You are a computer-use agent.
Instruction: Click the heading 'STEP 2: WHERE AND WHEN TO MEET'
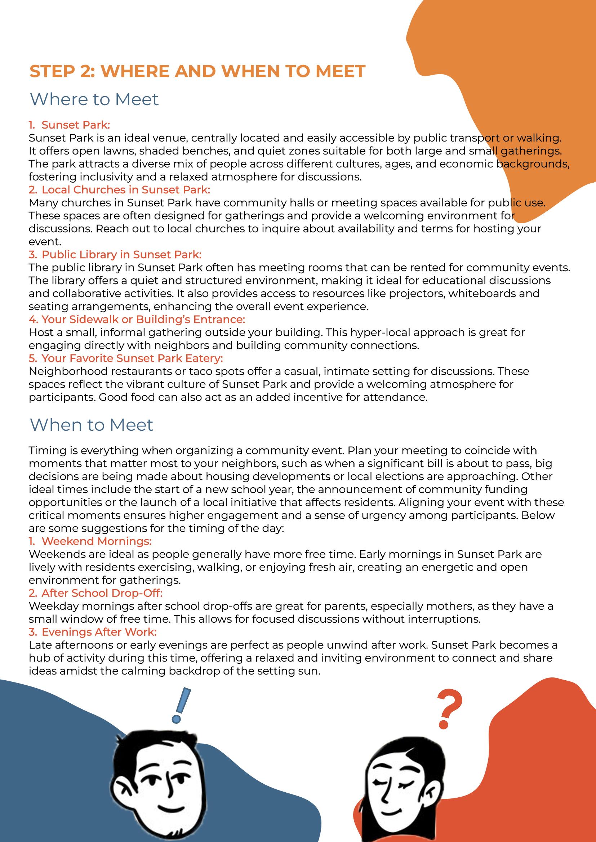[x=197, y=71]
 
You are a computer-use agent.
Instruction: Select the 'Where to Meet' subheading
[x=94, y=99]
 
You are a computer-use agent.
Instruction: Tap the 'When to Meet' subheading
[x=92, y=425]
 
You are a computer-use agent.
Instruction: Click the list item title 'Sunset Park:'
[x=76, y=125]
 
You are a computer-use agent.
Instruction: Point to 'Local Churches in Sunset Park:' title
[x=125, y=189]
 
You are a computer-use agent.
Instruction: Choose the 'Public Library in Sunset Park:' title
[x=121, y=255]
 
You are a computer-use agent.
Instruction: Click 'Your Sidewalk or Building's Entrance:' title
[x=143, y=319]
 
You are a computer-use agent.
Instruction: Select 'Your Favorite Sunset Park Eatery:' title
[x=132, y=358]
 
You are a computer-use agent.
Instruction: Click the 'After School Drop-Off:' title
[x=102, y=593]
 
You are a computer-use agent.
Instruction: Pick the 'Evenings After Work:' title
[x=99, y=632]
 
